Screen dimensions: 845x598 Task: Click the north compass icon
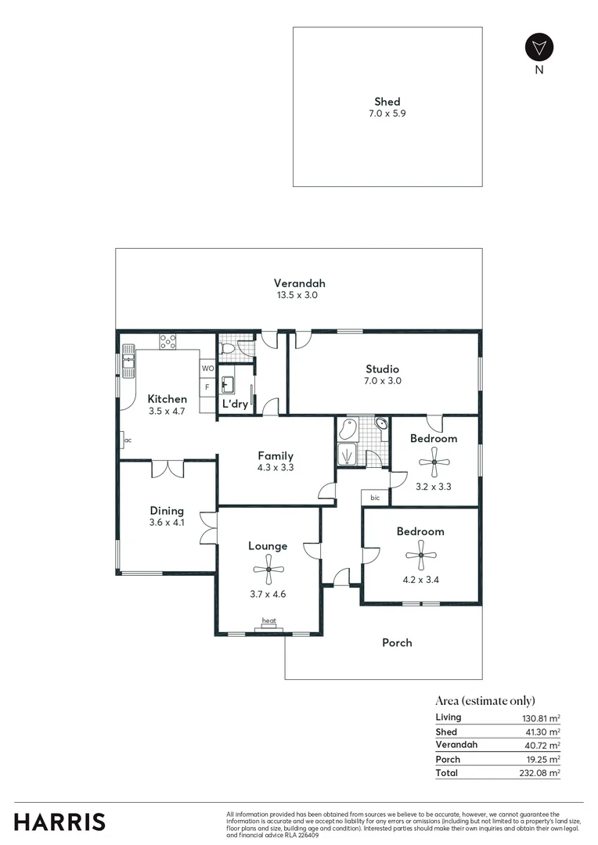(x=539, y=47)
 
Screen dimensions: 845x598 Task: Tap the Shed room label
(x=387, y=101)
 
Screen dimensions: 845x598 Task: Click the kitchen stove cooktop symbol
(x=168, y=341)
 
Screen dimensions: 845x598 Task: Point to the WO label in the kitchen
(x=207, y=368)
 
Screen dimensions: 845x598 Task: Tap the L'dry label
(x=236, y=405)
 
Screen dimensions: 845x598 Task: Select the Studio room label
(x=382, y=369)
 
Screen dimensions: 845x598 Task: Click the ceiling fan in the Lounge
(x=268, y=570)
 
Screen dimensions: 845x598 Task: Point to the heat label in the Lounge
(x=268, y=621)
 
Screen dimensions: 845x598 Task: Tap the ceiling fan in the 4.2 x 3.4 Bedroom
(x=420, y=556)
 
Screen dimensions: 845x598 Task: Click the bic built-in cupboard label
(x=375, y=498)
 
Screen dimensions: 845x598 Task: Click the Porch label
(x=397, y=642)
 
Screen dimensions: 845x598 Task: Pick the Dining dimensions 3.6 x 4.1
(x=167, y=523)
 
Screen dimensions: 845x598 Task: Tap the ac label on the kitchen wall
(x=127, y=440)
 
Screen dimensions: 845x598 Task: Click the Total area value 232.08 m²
(x=542, y=773)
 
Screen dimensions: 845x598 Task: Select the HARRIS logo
(x=59, y=822)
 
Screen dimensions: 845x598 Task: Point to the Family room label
(x=276, y=455)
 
